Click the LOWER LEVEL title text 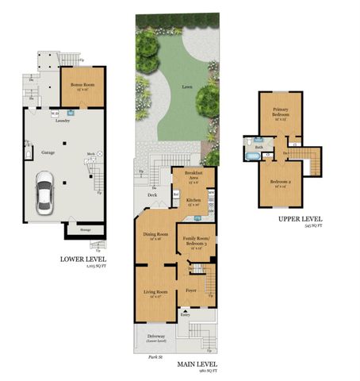84,259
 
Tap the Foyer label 191,291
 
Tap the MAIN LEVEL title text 198,364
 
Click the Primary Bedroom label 280,112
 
